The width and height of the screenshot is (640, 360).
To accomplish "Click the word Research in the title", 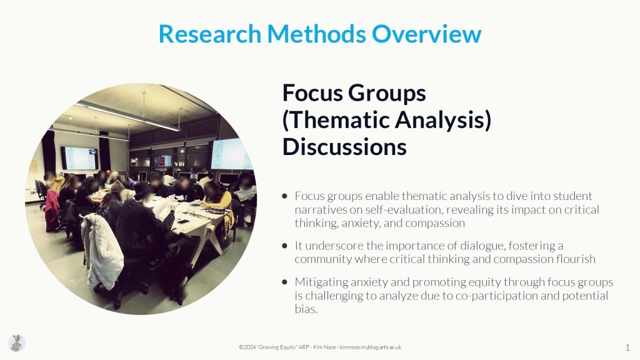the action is point(210,34).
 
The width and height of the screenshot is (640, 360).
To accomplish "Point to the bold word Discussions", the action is point(344,146).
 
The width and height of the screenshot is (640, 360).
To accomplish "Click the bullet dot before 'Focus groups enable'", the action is point(284,196).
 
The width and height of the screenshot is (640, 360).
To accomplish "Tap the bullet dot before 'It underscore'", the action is point(284,246).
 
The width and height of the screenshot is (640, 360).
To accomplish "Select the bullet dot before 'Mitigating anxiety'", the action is point(284,282).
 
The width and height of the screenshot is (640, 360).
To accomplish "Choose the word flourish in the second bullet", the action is point(576,259).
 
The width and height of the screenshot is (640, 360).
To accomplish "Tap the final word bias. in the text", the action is point(306,309).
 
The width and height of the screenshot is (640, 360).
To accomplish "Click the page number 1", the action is point(627,347).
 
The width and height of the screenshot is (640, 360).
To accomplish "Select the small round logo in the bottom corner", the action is point(17,343).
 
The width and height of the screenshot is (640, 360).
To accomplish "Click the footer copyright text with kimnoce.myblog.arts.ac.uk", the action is point(320,347).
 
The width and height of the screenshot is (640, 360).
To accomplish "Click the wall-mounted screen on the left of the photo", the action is point(80,158).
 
